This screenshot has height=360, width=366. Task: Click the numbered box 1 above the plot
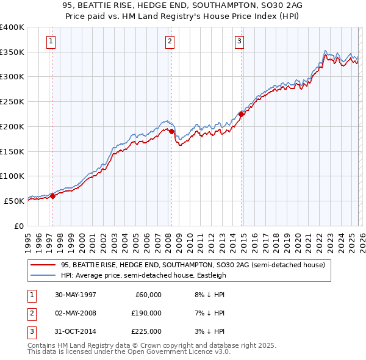51,41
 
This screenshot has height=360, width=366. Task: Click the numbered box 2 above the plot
169,41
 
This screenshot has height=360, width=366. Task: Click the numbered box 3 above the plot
240,41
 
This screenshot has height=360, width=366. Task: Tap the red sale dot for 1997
52,196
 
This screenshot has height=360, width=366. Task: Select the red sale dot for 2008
171,131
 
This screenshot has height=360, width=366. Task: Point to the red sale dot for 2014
242,114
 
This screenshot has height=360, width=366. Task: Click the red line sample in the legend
43,265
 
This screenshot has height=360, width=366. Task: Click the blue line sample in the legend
43,275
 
